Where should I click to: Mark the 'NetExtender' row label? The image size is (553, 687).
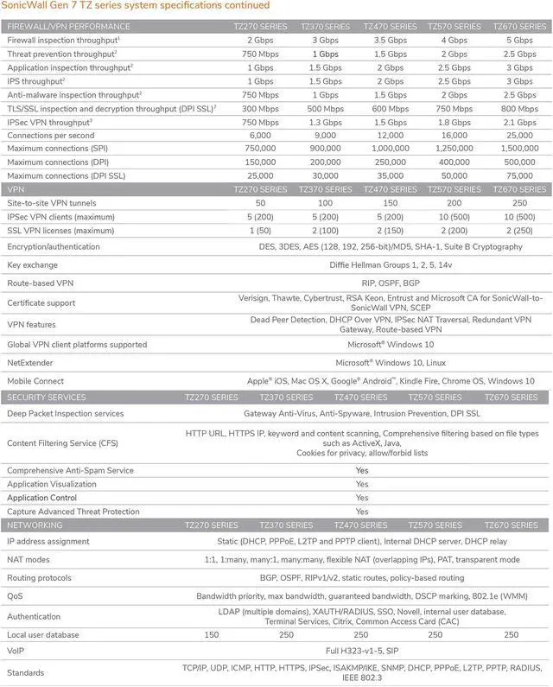click(32, 362)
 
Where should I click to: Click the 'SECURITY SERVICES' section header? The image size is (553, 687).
click(47, 398)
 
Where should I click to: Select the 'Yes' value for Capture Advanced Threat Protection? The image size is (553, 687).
click(362, 512)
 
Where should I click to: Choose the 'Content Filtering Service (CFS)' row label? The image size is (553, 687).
click(62, 442)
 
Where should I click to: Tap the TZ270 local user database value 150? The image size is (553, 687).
click(211, 634)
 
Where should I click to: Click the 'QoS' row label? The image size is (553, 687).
click(16, 596)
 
